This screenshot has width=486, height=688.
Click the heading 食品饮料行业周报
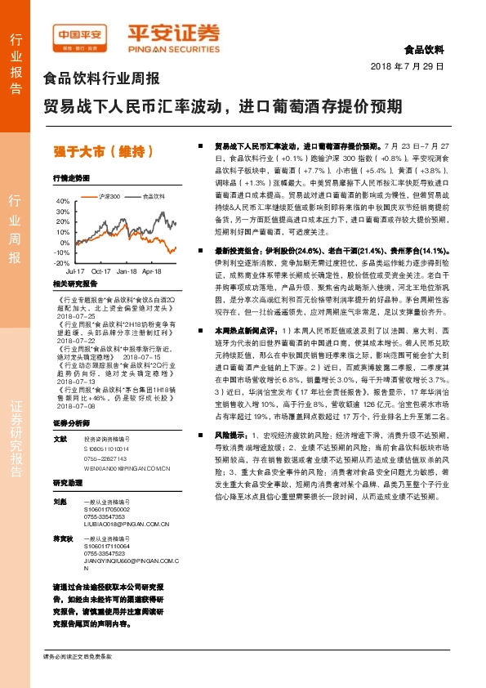click(x=100, y=79)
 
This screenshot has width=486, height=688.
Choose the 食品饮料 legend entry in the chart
click(x=153, y=196)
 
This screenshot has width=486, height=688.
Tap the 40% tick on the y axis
click(x=63, y=200)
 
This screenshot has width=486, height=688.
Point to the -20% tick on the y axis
click(x=61, y=263)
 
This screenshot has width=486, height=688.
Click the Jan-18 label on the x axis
click(x=127, y=270)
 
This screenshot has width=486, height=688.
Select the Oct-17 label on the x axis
click(x=101, y=270)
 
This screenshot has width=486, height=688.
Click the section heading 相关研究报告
click(x=74, y=284)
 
